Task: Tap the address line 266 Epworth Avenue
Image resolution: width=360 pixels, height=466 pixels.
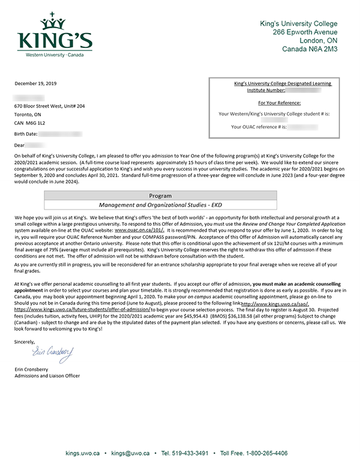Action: [x=305, y=32]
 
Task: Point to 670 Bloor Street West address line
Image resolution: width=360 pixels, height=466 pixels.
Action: [x=50, y=106]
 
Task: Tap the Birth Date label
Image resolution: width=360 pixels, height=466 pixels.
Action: [x=26, y=133]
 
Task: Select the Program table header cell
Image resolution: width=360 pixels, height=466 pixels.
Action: [x=160, y=195]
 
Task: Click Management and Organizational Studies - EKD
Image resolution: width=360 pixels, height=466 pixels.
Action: [x=160, y=204]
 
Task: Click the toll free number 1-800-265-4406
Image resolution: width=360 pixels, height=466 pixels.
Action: [x=262, y=453]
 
